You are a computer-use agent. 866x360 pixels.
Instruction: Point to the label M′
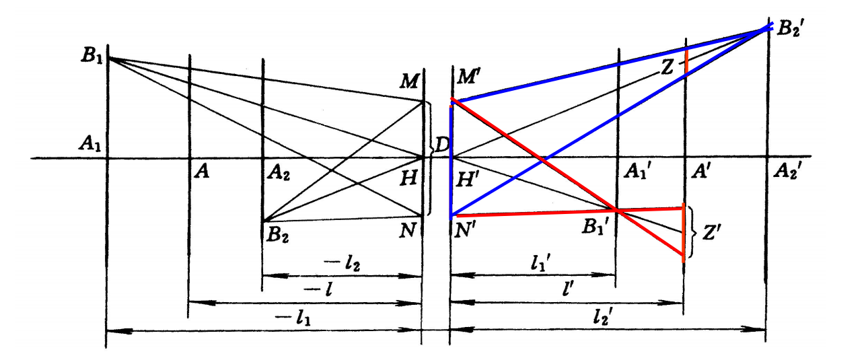click(x=469, y=75)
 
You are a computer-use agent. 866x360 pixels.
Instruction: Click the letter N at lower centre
click(x=406, y=231)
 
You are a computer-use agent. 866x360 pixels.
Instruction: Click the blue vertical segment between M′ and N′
click(x=451, y=161)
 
